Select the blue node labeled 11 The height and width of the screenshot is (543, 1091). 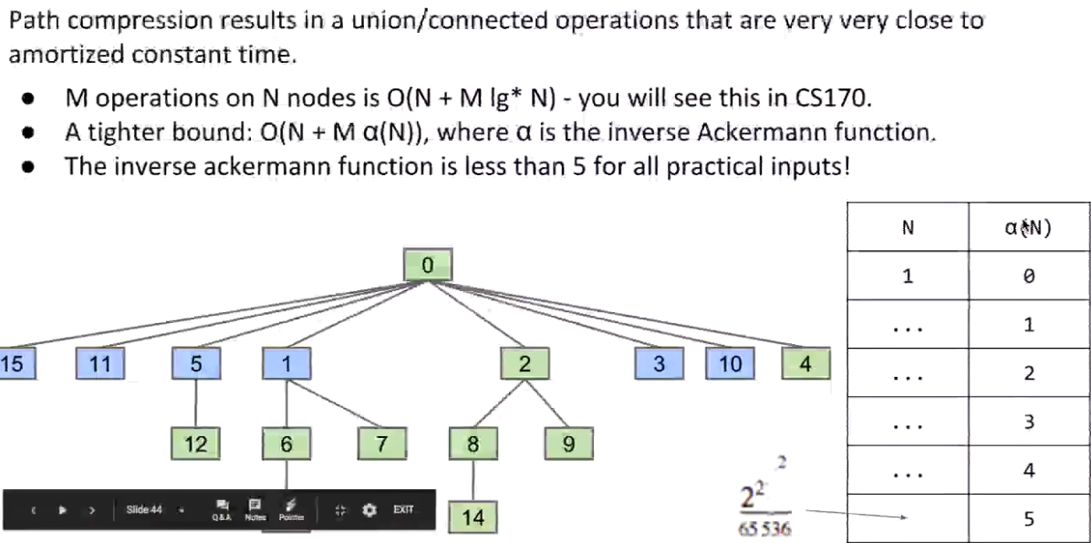click(100, 364)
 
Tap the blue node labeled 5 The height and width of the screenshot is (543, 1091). click(196, 364)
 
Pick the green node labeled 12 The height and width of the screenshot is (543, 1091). click(196, 444)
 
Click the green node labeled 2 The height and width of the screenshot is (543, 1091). click(524, 364)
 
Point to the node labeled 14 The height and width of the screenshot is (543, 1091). click(473, 518)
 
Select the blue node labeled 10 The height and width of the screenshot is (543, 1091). click(730, 364)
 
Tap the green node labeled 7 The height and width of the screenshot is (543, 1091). click(382, 444)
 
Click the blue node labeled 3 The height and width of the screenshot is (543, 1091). click(660, 364)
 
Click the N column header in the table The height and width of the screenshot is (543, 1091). click(908, 227)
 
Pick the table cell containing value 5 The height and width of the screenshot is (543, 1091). click(1029, 519)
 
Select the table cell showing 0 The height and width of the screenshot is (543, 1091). click(1029, 276)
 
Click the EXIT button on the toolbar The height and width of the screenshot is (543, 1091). click(403, 509)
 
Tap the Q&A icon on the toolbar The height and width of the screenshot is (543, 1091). click(221, 508)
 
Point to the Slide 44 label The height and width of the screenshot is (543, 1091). click(144, 509)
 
